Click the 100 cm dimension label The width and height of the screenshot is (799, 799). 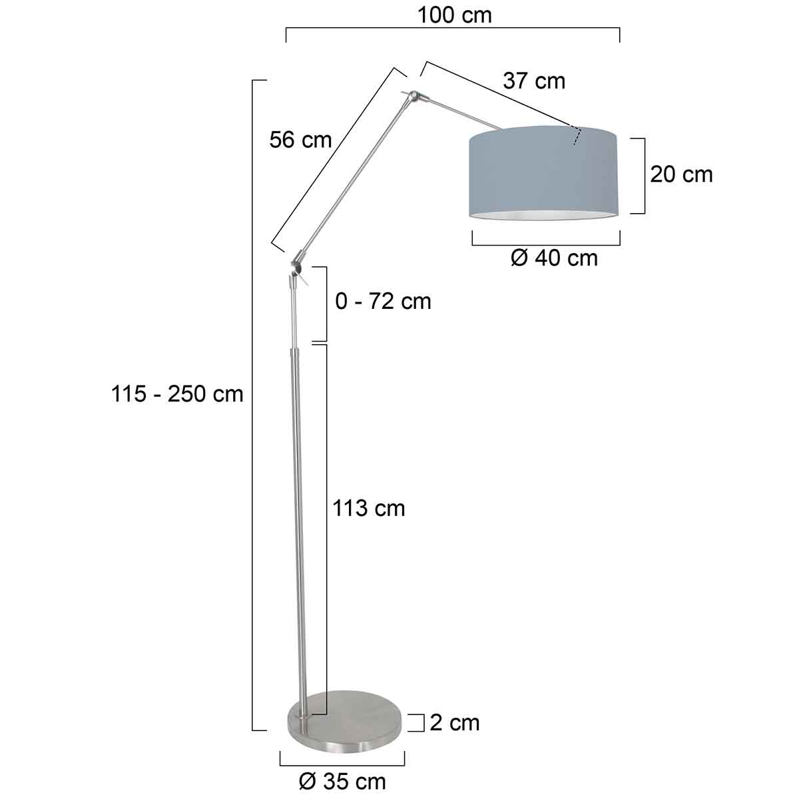[454, 15]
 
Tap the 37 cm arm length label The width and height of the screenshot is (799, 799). [534, 81]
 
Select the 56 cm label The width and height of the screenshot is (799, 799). [300, 140]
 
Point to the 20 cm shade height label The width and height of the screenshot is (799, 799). [681, 174]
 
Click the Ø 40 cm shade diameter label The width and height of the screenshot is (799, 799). [554, 258]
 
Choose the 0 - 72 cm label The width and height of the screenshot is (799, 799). [383, 302]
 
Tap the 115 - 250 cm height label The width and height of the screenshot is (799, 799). [177, 394]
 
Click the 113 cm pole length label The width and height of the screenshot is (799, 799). [369, 508]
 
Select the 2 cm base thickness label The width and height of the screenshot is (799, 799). [454, 722]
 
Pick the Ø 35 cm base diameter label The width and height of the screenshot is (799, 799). [342, 781]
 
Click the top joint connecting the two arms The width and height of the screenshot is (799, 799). [415, 97]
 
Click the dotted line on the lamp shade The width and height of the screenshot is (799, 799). [577, 135]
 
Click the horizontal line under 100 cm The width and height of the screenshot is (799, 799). [453, 29]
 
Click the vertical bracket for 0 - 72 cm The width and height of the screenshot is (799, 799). [326, 303]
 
